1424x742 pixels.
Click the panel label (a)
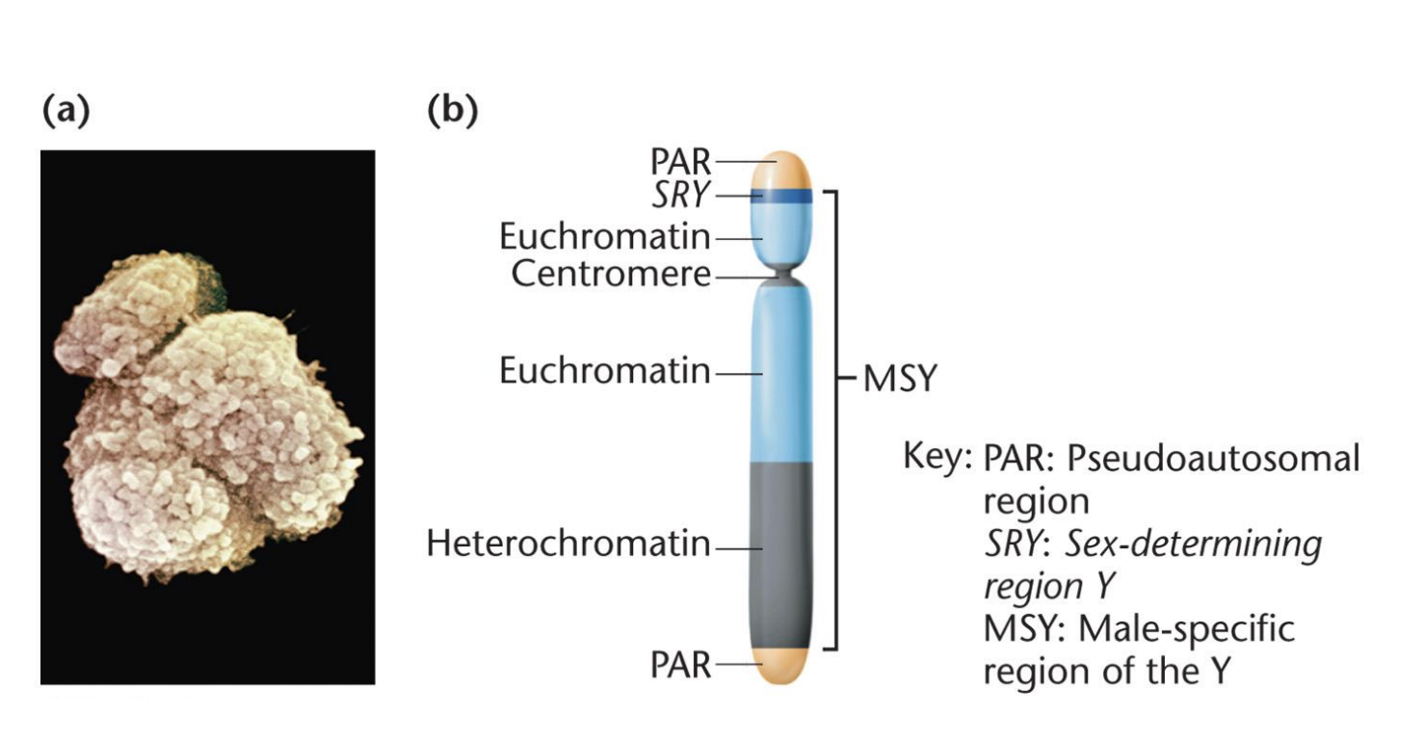click(x=66, y=112)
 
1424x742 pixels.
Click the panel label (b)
click(x=452, y=112)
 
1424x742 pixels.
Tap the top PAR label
click(x=680, y=163)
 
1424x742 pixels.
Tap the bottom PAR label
click(x=680, y=665)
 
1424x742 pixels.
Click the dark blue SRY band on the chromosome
click(x=789, y=198)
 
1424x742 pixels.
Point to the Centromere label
click(x=611, y=275)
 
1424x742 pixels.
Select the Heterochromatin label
click(x=568, y=545)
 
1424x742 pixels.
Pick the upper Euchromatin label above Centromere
click(x=605, y=236)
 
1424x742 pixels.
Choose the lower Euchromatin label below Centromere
click(x=605, y=371)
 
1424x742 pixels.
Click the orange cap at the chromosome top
click(x=789, y=168)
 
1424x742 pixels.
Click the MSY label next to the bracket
click(x=898, y=379)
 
